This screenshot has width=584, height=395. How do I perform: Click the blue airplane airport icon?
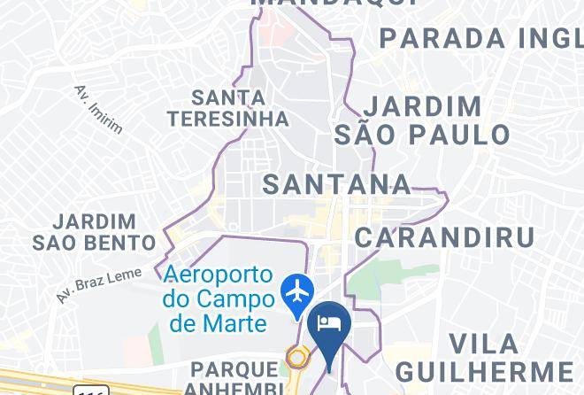tap(298, 290)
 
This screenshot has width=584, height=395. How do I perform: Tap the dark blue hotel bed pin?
tap(331, 324)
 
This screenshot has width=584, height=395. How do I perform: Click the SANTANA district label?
tap(337, 184)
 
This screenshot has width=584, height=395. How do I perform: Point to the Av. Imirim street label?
tap(98, 110)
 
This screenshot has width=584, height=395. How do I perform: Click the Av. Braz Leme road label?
tap(98, 285)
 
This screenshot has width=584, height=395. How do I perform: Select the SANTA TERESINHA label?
tap(229, 107)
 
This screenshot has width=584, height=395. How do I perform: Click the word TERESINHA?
tap(229, 118)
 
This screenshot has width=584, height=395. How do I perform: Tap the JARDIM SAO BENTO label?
tap(95, 230)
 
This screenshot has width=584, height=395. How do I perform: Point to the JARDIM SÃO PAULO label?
tap(423, 120)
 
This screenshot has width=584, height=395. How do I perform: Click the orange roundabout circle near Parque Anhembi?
tap(297, 359)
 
